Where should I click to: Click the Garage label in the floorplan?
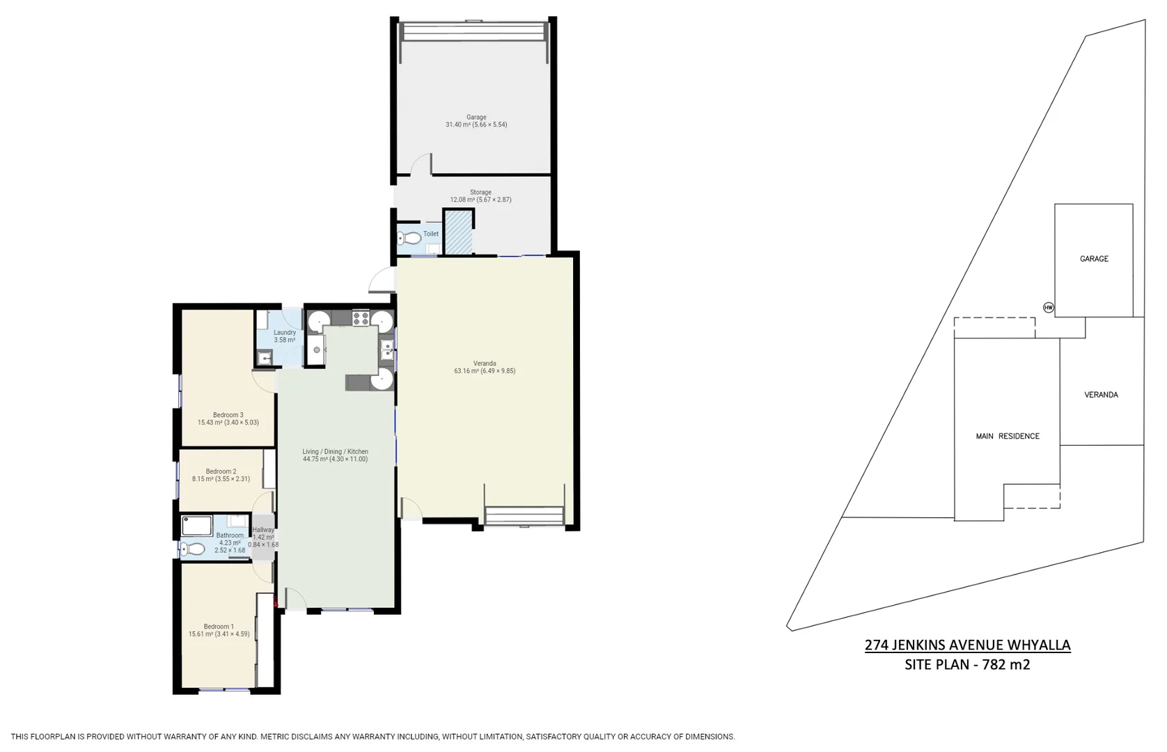[476, 118]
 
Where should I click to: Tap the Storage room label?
[480, 192]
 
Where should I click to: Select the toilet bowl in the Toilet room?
[411, 239]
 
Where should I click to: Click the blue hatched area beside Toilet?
[458, 233]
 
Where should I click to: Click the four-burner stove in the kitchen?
[361, 319]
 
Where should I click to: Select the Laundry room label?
[284, 333]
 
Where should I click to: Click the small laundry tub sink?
[264, 358]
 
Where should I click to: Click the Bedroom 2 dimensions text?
[221, 479]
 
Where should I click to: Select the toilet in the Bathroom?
[194, 549]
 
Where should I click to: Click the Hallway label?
[263, 530]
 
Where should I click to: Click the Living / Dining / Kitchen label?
[335, 452]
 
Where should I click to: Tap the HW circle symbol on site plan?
[1049, 307]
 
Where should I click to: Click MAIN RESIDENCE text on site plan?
[1007, 437]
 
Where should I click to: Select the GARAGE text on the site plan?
[1093, 259]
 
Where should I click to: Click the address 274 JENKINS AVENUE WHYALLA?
[967, 645]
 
